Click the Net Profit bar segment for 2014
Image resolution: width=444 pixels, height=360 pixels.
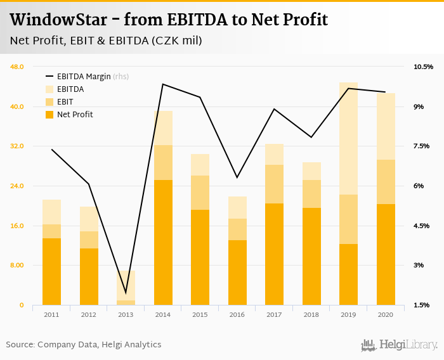(x=163, y=242)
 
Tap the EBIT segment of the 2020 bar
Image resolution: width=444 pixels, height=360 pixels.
(x=386, y=182)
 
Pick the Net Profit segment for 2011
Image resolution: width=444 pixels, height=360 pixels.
(x=51, y=271)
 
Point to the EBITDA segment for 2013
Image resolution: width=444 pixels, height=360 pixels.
(x=126, y=285)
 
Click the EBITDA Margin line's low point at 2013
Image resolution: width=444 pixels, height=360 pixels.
(x=126, y=293)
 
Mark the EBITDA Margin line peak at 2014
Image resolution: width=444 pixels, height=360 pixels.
(x=163, y=84)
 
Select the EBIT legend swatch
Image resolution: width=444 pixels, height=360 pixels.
(x=49, y=102)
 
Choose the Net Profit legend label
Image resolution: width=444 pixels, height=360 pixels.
(x=75, y=115)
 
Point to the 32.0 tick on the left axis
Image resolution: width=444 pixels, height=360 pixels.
(x=16, y=146)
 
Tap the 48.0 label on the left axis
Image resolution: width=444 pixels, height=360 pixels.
(x=16, y=67)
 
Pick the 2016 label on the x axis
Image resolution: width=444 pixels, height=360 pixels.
(x=237, y=314)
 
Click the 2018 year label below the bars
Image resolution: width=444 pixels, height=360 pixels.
(x=311, y=314)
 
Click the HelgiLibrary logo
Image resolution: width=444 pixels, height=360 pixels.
(x=400, y=345)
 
